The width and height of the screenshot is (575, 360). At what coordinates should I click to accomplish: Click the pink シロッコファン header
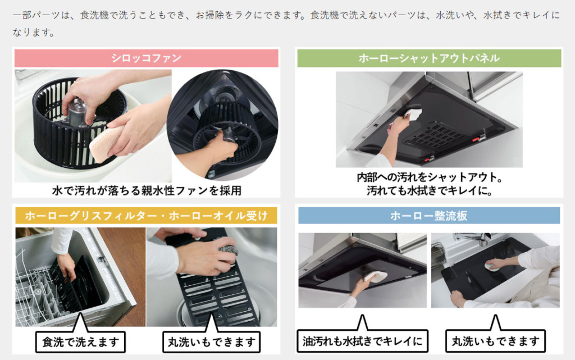click(147, 58)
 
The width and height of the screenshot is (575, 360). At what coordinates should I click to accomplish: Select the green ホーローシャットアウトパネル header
click(429, 58)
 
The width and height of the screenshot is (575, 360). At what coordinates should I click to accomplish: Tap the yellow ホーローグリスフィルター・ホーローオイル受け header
click(147, 216)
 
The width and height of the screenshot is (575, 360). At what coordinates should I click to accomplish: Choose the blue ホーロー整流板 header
click(429, 216)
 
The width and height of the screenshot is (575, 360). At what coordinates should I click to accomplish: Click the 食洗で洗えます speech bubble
click(81, 341)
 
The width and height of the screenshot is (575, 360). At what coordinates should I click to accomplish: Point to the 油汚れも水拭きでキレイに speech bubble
click(362, 341)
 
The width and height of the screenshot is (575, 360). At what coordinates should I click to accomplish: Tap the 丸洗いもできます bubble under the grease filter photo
click(212, 341)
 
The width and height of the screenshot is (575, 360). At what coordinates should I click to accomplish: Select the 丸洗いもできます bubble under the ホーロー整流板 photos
click(495, 341)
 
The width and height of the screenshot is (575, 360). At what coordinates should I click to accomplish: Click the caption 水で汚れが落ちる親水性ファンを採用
click(147, 190)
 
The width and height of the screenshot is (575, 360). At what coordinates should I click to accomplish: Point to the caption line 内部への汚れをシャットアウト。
click(430, 177)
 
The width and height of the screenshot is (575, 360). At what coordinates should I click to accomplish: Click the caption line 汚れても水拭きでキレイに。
click(430, 190)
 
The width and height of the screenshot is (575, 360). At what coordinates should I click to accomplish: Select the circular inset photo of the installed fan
click(222, 125)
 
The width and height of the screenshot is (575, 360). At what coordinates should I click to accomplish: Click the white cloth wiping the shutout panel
click(413, 113)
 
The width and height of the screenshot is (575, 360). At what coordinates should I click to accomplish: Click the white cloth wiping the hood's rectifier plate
click(376, 276)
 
